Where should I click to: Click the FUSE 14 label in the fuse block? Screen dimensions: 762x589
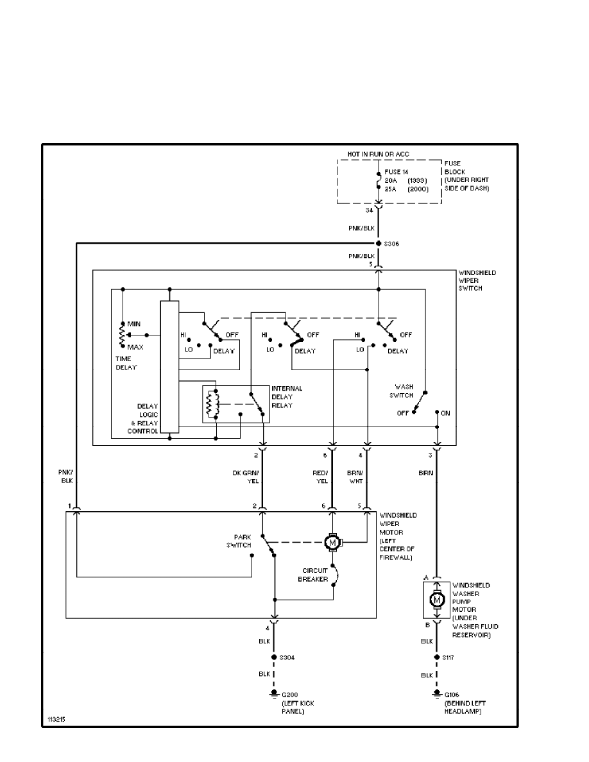tap(396, 172)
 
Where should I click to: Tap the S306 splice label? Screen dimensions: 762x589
tap(393, 244)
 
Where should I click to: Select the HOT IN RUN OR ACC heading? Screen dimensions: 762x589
tap(379, 155)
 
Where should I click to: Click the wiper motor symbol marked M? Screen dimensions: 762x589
tap(332, 543)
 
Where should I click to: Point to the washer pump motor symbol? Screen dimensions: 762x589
tap(438, 600)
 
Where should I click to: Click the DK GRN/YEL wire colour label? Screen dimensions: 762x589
tap(245, 477)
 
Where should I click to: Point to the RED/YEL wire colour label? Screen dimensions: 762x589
tap(320, 477)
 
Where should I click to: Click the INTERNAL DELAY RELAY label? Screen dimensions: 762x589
tap(287, 397)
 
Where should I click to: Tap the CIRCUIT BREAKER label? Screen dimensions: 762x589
tap(316, 574)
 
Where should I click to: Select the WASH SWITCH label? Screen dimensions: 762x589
tap(404, 391)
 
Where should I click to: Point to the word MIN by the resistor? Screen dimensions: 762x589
tap(133, 324)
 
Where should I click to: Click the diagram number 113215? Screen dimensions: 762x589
tap(56, 720)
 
